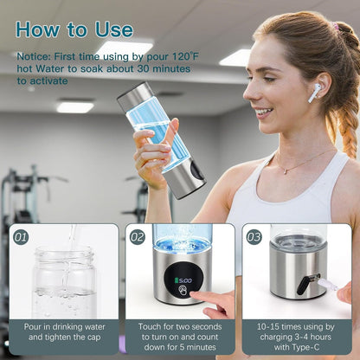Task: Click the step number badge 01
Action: [x=21, y=236]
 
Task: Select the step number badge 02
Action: [x=137, y=236]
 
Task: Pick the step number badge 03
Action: [x=252, y=236]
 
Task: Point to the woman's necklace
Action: [x=299, y=164]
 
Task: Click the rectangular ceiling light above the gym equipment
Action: [x=75, y=106]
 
